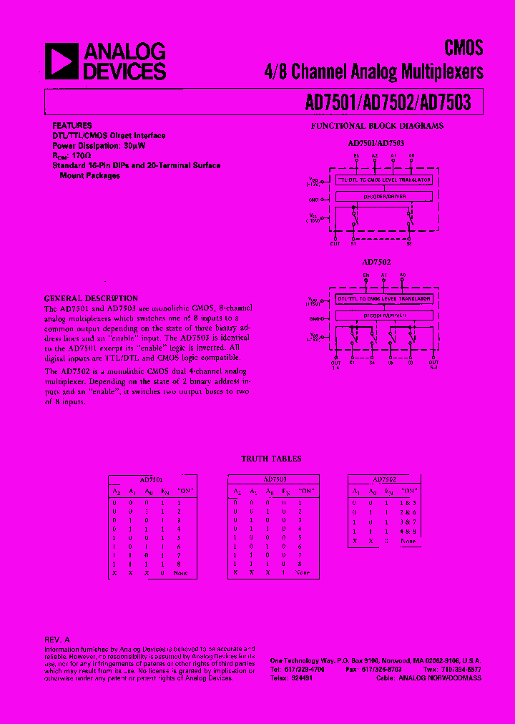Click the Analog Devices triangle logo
point(62,61)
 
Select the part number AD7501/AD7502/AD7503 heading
point(388,103)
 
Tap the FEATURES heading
point(72,124)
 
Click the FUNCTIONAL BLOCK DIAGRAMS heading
point(377,126)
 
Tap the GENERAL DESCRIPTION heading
point(91,298)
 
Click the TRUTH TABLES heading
point(271,459)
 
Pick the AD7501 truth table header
point(149,479)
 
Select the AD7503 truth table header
point(275,479)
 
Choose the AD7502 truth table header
point(384,479)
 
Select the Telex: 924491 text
point(292,677)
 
